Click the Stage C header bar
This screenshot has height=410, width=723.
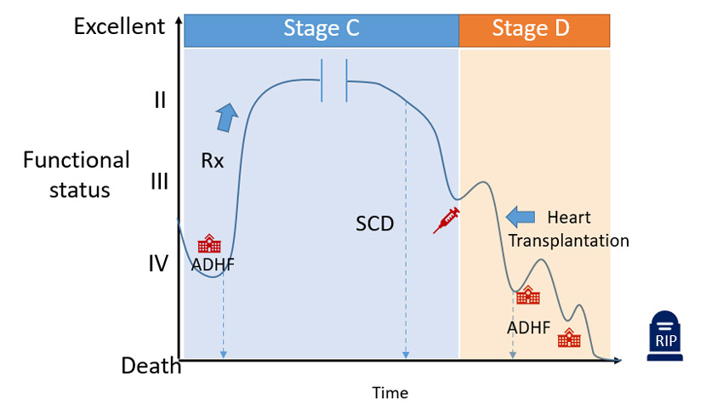tap(322, 30)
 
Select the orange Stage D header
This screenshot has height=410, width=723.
tap(533, 30)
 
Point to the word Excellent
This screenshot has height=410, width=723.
tap(119, 26)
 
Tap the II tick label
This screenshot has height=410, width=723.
tap(159, 100)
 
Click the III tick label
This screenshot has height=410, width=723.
tap(159, 181)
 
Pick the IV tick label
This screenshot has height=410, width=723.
tap(159, 263)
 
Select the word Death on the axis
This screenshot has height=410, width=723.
tap(151, 366)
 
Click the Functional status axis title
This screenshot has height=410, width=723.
tap(77, 174)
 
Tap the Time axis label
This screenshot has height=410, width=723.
tap(390, 393)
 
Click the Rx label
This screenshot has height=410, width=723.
tap(213, 160)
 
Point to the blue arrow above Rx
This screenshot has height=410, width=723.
tap(227, 117)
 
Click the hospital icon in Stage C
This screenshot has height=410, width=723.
tap(209, 245)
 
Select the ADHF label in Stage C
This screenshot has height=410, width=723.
tap(213, 264)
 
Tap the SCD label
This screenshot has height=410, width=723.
tap(375, 225)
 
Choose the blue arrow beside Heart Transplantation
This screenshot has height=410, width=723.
tap(520, 216)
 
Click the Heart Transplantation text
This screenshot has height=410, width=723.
tap(568, 229)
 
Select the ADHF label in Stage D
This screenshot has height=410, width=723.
tap(529, 327)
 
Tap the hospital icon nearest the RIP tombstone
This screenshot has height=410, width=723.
tap(569, 339)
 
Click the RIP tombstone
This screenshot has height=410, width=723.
tap(664, 335)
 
